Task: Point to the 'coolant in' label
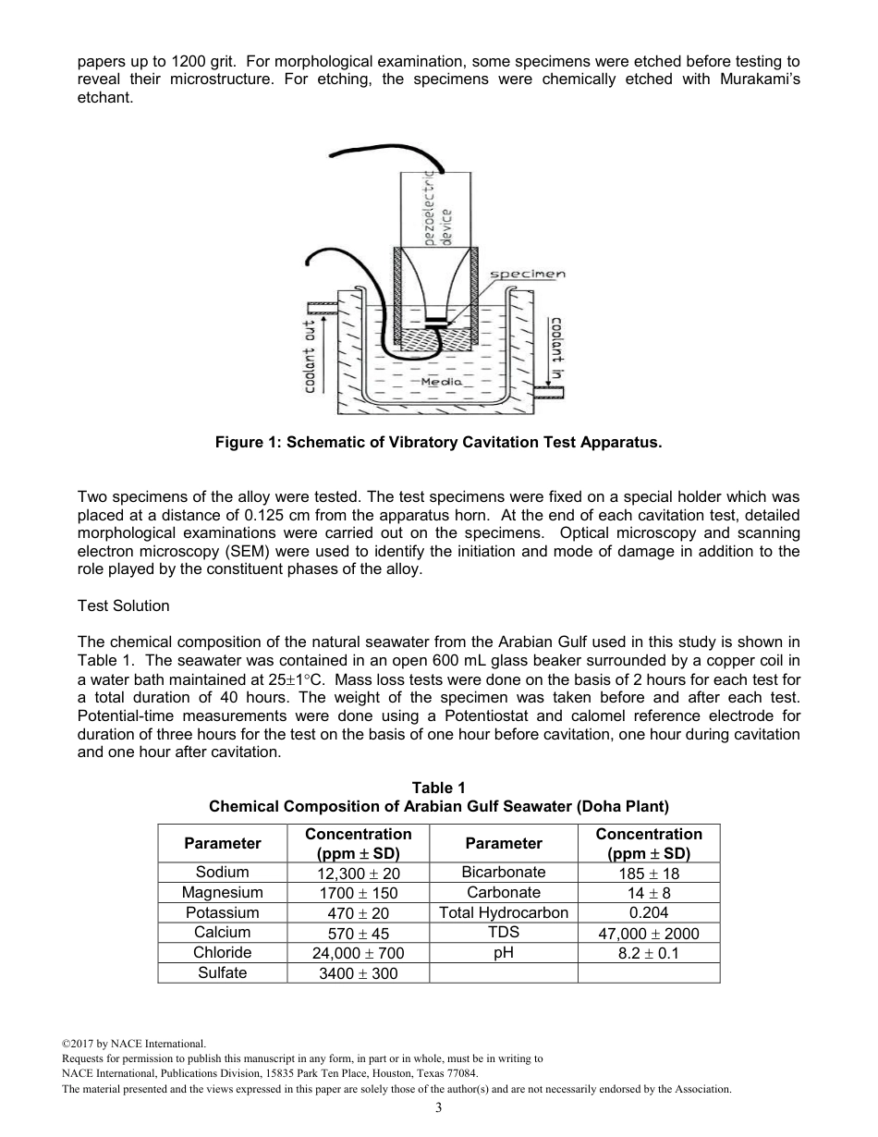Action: click(556, 348)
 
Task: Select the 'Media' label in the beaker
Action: click(441, 381)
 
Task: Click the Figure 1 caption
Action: click(439, 442)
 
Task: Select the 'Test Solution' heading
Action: click(124, 605)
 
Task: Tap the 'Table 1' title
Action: click(439, 788)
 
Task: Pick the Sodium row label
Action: click(223, 872)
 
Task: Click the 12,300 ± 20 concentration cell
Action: click(359, 873)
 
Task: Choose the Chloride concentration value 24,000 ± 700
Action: click(359, 953)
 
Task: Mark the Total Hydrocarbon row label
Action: click(504, 912)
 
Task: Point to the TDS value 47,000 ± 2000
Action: click(649, 933)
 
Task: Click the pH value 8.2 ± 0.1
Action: click(649, 953)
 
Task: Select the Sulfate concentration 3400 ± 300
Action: click(359, 973)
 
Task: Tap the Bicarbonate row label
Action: click(504, 872)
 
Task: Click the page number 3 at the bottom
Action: click(439, 1108)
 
